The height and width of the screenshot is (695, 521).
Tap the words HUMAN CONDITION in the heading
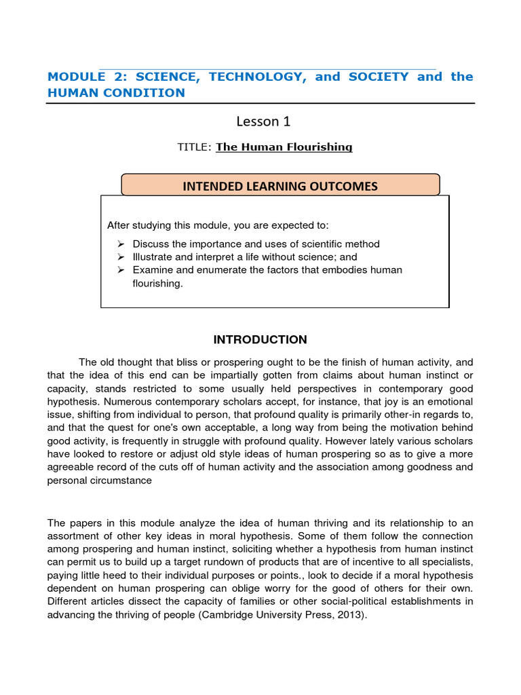116,93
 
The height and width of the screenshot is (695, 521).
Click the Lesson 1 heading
263,121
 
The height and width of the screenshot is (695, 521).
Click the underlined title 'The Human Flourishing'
284,147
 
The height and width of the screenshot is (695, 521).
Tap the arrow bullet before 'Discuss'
121,244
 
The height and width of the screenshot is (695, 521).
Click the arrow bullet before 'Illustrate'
121,257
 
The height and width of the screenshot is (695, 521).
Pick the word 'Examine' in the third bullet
152,270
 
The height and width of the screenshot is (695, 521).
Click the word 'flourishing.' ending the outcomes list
158,284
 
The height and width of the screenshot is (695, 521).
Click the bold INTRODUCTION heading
260,339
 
